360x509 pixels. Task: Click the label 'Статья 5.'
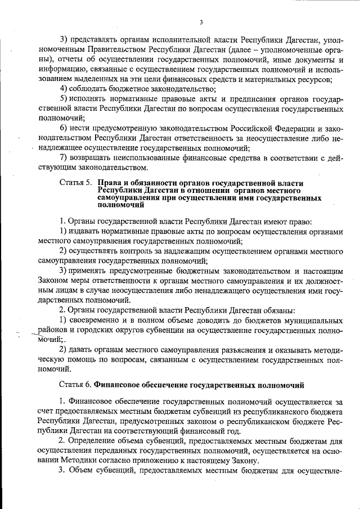point(76,183)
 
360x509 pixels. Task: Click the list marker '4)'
point(64,89)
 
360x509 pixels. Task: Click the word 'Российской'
point(253,129)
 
